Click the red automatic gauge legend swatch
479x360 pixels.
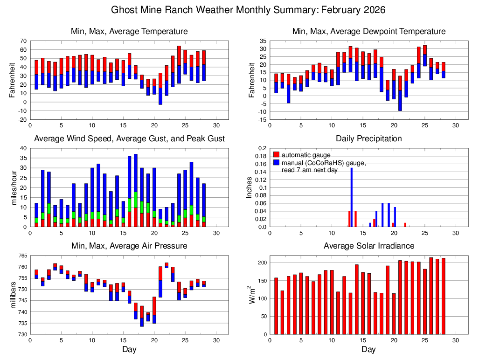click(x=276, y=154)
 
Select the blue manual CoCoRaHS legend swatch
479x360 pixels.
click(x=276, y=162)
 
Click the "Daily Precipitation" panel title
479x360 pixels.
click(x=368, y=138)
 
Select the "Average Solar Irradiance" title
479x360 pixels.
click(x=368, y=246)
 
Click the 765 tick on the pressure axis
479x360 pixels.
click(x=21, y=256)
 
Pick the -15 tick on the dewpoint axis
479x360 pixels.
click(x=263, y=120)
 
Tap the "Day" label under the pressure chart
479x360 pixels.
click(x=129, y=349)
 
